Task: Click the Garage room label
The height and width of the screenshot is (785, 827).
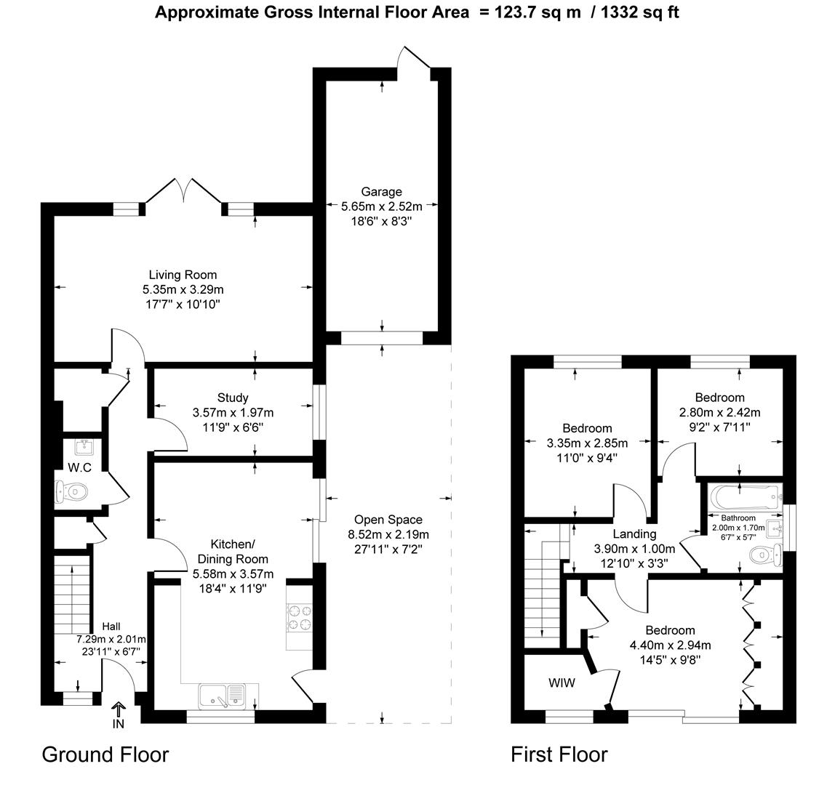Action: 381,192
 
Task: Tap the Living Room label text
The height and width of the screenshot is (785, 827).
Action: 183,275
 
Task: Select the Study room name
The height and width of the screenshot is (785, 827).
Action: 232,398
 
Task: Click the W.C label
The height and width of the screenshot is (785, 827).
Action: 79,467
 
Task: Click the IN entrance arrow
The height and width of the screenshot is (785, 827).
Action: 118,710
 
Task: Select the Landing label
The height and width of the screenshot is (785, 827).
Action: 634,534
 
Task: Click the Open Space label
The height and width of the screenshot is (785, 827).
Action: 388,520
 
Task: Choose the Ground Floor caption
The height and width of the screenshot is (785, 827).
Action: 105,754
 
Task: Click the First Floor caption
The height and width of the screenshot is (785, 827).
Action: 559,754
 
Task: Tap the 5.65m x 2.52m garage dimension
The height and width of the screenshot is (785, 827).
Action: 381,206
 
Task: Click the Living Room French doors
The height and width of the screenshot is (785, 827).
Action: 183,193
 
